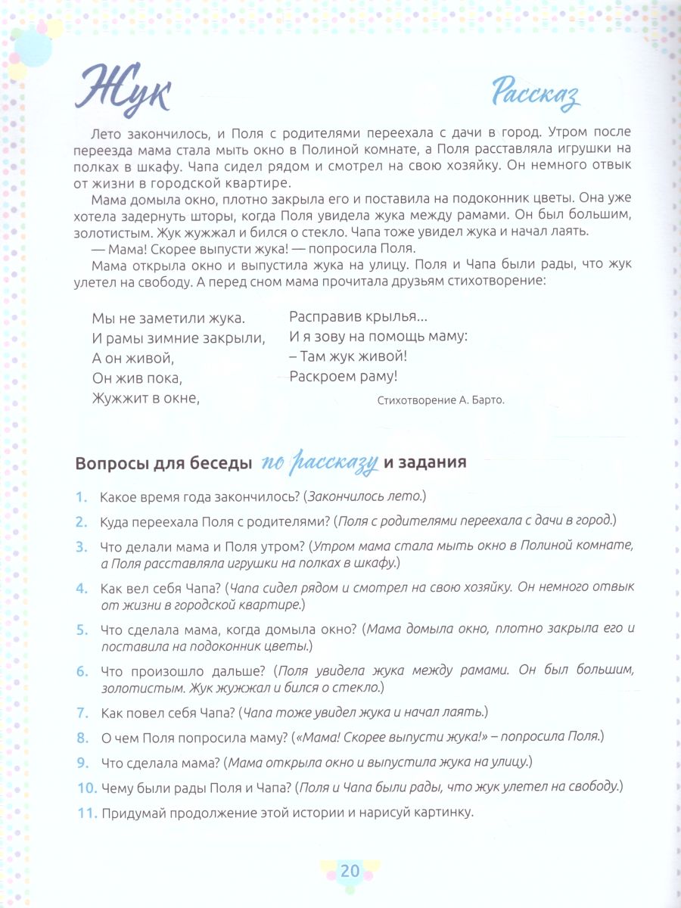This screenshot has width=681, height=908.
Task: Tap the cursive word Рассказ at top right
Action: (x=535, y=95)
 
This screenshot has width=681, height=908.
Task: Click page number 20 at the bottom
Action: (x=350, y=871)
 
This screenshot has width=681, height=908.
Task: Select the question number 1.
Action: (x=82, y=497)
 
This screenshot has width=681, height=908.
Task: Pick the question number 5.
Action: (x=82, y=630)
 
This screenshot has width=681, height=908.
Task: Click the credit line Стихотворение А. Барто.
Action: (x=440, y=401)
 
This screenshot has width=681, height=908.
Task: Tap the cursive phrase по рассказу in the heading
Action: (x=321, y=463)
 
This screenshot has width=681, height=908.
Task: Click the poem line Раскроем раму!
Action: (x=344, y=376)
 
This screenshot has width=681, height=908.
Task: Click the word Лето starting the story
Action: (x=106, y=132)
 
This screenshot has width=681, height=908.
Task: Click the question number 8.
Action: (x=82, y=736)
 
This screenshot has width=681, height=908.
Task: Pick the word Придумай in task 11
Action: (x=132, y=813)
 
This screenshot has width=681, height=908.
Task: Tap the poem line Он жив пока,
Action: (x=137, y=377)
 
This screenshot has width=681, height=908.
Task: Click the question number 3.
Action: (x=82, y=546)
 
